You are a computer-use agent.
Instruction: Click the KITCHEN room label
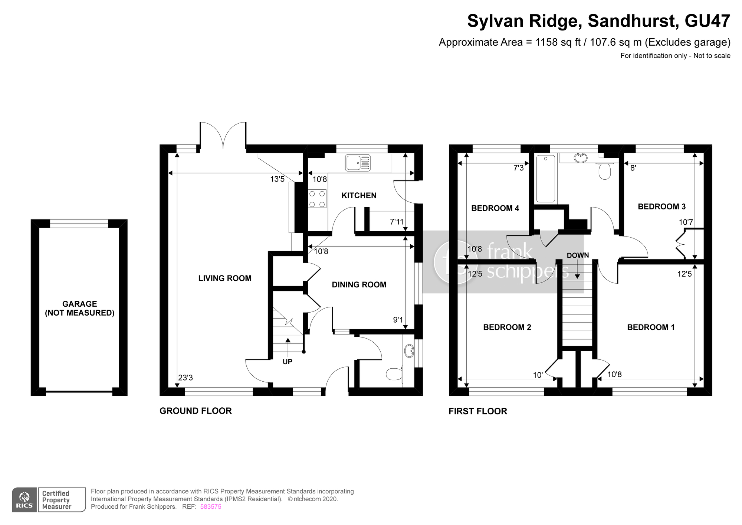coord(359,196)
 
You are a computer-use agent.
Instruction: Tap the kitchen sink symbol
coord(358,163)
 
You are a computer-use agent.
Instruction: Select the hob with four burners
coord(317,199)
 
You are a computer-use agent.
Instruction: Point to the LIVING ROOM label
coord(225,278)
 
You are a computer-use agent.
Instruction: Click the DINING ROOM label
coord(359,285)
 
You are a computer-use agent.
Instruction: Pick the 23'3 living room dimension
coord(185,378)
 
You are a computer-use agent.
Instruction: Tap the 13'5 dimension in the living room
coord(277,179)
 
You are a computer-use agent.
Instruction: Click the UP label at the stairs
coord(288,362)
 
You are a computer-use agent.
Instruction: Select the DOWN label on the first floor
coord(578,255)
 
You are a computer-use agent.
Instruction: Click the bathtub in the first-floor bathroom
coord(545,179)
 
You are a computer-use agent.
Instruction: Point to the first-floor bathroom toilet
coord(605,170)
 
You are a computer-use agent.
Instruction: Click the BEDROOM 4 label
coord(495,208)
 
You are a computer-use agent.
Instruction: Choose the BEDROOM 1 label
coord(651,327)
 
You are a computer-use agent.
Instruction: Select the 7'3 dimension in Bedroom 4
coord(518,168)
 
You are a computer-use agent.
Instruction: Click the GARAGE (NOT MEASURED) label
coord(79,309)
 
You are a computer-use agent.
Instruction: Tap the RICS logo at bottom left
coord(24,500)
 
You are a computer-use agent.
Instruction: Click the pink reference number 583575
coord(211,507)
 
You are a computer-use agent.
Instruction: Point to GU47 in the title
coord(707,21)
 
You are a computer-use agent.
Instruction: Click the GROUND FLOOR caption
coord(196,411)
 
